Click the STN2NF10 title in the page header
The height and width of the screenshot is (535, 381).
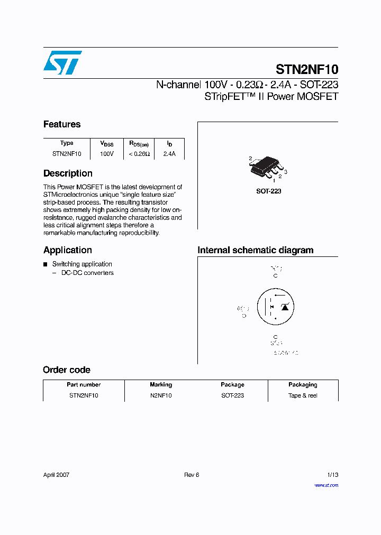click(307, 69)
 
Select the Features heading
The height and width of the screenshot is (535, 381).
click(62, 124)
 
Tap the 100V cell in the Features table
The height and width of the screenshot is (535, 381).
click(106, 154)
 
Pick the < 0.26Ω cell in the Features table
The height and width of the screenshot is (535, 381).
click(139, 154)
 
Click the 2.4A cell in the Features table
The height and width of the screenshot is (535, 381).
click(169, 154)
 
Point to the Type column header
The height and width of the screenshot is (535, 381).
click(67, 143)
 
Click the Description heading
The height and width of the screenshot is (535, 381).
click(68, 173)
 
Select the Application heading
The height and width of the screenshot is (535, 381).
click(68, 250)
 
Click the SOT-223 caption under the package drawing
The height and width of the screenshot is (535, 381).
click(269, 191)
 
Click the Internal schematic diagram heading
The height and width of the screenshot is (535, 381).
click(256, 250)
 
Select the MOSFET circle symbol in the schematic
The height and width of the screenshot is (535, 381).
click(276, 307)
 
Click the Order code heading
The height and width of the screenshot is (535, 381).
click(67, 370)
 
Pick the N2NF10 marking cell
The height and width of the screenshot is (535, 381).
click(161, 395)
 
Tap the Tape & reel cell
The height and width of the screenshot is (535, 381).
click(303, 395)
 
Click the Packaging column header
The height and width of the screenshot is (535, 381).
click(303, 385)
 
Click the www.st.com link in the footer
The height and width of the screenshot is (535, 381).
click(326, 485)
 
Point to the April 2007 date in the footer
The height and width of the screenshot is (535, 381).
click(56, 475)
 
